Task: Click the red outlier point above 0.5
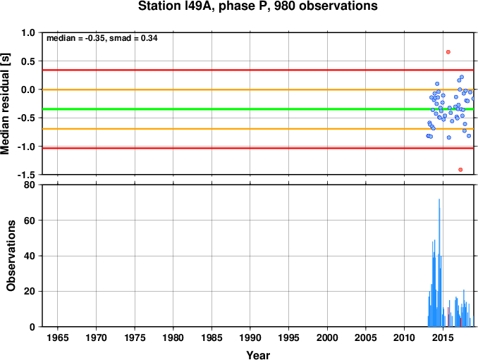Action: [448, 52]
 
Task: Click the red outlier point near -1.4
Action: [460, 170]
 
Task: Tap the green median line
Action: [258, 109]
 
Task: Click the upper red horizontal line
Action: [258, 70]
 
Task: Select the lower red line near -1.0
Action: [258, 149]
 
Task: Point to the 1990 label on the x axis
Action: [250, 337]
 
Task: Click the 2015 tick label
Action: [443, 337]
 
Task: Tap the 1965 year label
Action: [58, 337]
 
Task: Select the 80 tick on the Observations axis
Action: [30, 185]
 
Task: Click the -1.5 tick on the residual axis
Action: [26, 175]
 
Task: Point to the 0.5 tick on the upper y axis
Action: [28, 61]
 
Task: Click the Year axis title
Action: [258, 355]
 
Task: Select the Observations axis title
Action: [11, 256]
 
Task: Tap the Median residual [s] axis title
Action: [5, 104]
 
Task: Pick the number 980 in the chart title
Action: [285, 6]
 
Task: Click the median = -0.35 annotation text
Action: [76, 38]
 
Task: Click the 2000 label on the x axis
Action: [327, 337]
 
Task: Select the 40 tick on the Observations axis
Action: [30, 256]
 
